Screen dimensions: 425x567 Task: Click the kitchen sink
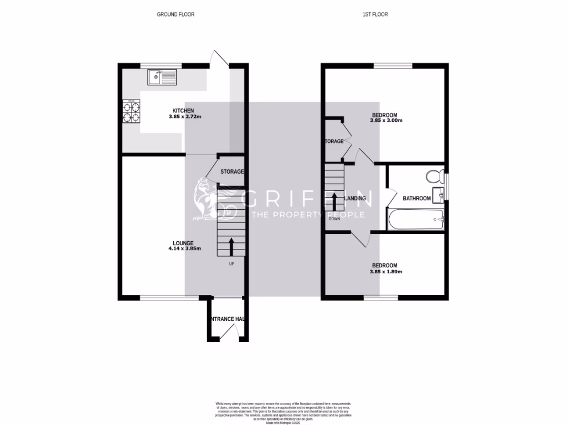pos(162,77)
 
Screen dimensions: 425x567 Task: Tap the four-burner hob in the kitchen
pos(131,112)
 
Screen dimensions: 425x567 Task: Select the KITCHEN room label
pos(183,111)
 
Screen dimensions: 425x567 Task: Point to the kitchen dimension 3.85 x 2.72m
pos(184,117)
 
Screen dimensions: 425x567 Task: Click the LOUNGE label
pos(183,243)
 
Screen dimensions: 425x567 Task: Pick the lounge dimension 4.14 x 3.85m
pos(184,249)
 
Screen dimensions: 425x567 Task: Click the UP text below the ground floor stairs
pos(231,263)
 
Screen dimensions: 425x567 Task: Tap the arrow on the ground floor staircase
pos(231,246)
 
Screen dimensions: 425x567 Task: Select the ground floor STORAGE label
pos(232,172)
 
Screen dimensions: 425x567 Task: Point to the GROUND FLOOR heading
pos(176,14)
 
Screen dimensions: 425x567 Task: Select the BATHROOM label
pos(416,198)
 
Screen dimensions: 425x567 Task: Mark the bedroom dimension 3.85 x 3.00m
pos(386,121)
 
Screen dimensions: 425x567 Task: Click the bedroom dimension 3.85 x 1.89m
pos(386,272)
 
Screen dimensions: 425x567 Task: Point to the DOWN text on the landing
pos(334,219)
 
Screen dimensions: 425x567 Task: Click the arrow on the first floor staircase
pos(334,200)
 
